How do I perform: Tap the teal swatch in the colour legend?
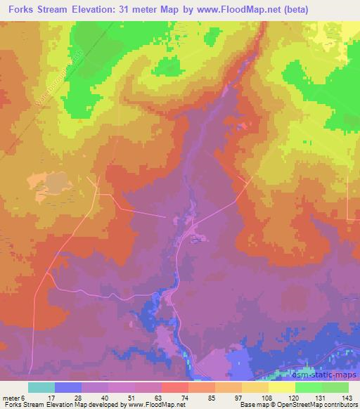[x=41, y=387]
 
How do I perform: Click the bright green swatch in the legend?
[x=309, y=387]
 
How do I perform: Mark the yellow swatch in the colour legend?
[x=282, y=387]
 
